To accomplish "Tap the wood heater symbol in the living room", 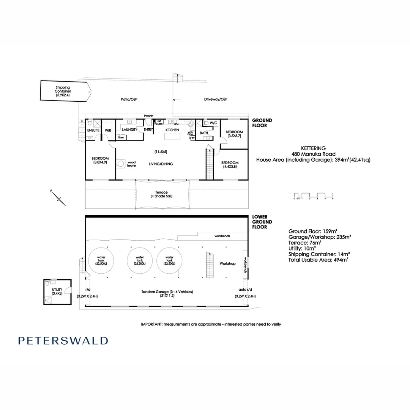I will tap(121, 164).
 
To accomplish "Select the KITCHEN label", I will tap(172, 130).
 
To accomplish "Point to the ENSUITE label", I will tap(93, 130).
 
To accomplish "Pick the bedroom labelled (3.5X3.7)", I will tap(234, 134).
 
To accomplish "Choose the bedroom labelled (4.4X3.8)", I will tap(230, 164).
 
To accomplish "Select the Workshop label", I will tap(228, 263).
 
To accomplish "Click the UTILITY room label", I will tap(57, 292).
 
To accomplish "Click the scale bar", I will tap(314, 195).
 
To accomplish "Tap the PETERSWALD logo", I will tap(63, 341).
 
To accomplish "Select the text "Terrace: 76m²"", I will tap(305, 243).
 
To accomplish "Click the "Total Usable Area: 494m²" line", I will tap(319, 260).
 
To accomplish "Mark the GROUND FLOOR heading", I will tap(262, 123).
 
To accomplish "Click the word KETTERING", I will tap(313, 148).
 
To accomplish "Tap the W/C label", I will tap(213, 123).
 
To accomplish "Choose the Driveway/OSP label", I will tap(215, 99).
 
